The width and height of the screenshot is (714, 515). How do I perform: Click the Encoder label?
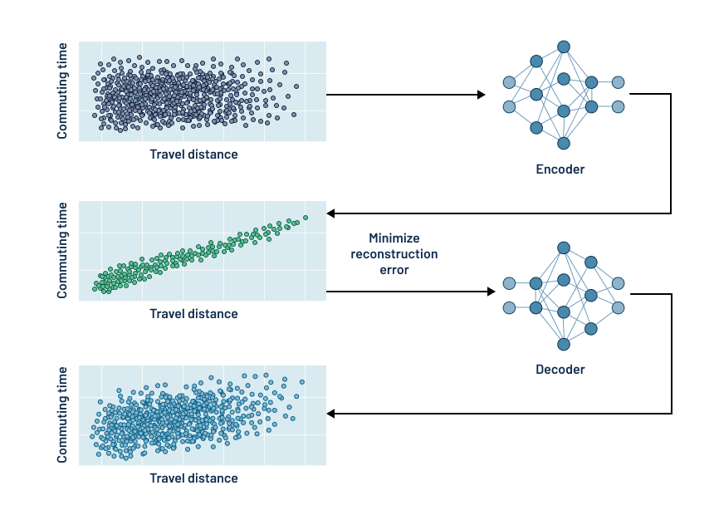[x=560, y=169]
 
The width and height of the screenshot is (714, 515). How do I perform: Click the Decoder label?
[x=560, y=369]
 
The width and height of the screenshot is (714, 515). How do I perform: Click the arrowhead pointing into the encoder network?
[x=481, y=95]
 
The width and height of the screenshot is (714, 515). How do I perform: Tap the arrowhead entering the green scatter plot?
[x=331, y=213]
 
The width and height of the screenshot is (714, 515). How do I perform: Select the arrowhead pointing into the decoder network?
[x=489, y=292]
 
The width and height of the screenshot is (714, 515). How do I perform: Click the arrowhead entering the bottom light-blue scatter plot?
[x=331, y=413]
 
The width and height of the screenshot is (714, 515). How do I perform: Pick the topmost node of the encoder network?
[x=564, y=47]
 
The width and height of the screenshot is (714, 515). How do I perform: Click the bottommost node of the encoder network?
[x=564, y=143]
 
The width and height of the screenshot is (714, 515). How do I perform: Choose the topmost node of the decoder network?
[x=564, y=248]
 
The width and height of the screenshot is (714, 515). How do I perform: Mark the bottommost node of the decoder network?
[x=564, y=344]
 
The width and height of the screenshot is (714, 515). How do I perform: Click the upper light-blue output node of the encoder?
[x=618, y=82]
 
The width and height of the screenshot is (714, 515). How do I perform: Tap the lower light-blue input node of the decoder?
[x=509, y=308]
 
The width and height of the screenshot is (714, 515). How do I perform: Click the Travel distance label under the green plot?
[x=193, y=314]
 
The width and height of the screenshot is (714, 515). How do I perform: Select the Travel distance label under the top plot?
[x=193, y=154]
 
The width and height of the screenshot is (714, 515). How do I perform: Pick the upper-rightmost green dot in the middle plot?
[x=306, y=218]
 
